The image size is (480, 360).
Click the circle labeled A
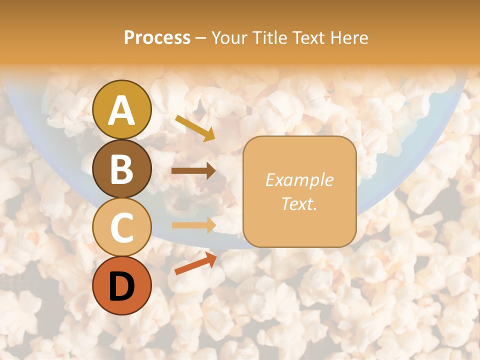click(x=122, y=109)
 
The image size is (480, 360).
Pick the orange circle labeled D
click(x=122, y=285)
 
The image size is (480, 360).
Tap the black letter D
click(x=122, y=286)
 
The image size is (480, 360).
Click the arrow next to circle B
click(x=193, y=171)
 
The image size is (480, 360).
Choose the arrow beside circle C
click(x=193, y=225)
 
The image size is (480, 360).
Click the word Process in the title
click(x=157, y=37)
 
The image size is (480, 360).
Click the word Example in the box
click(x=299, y=180)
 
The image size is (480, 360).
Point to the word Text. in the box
click(x=299, y=203)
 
